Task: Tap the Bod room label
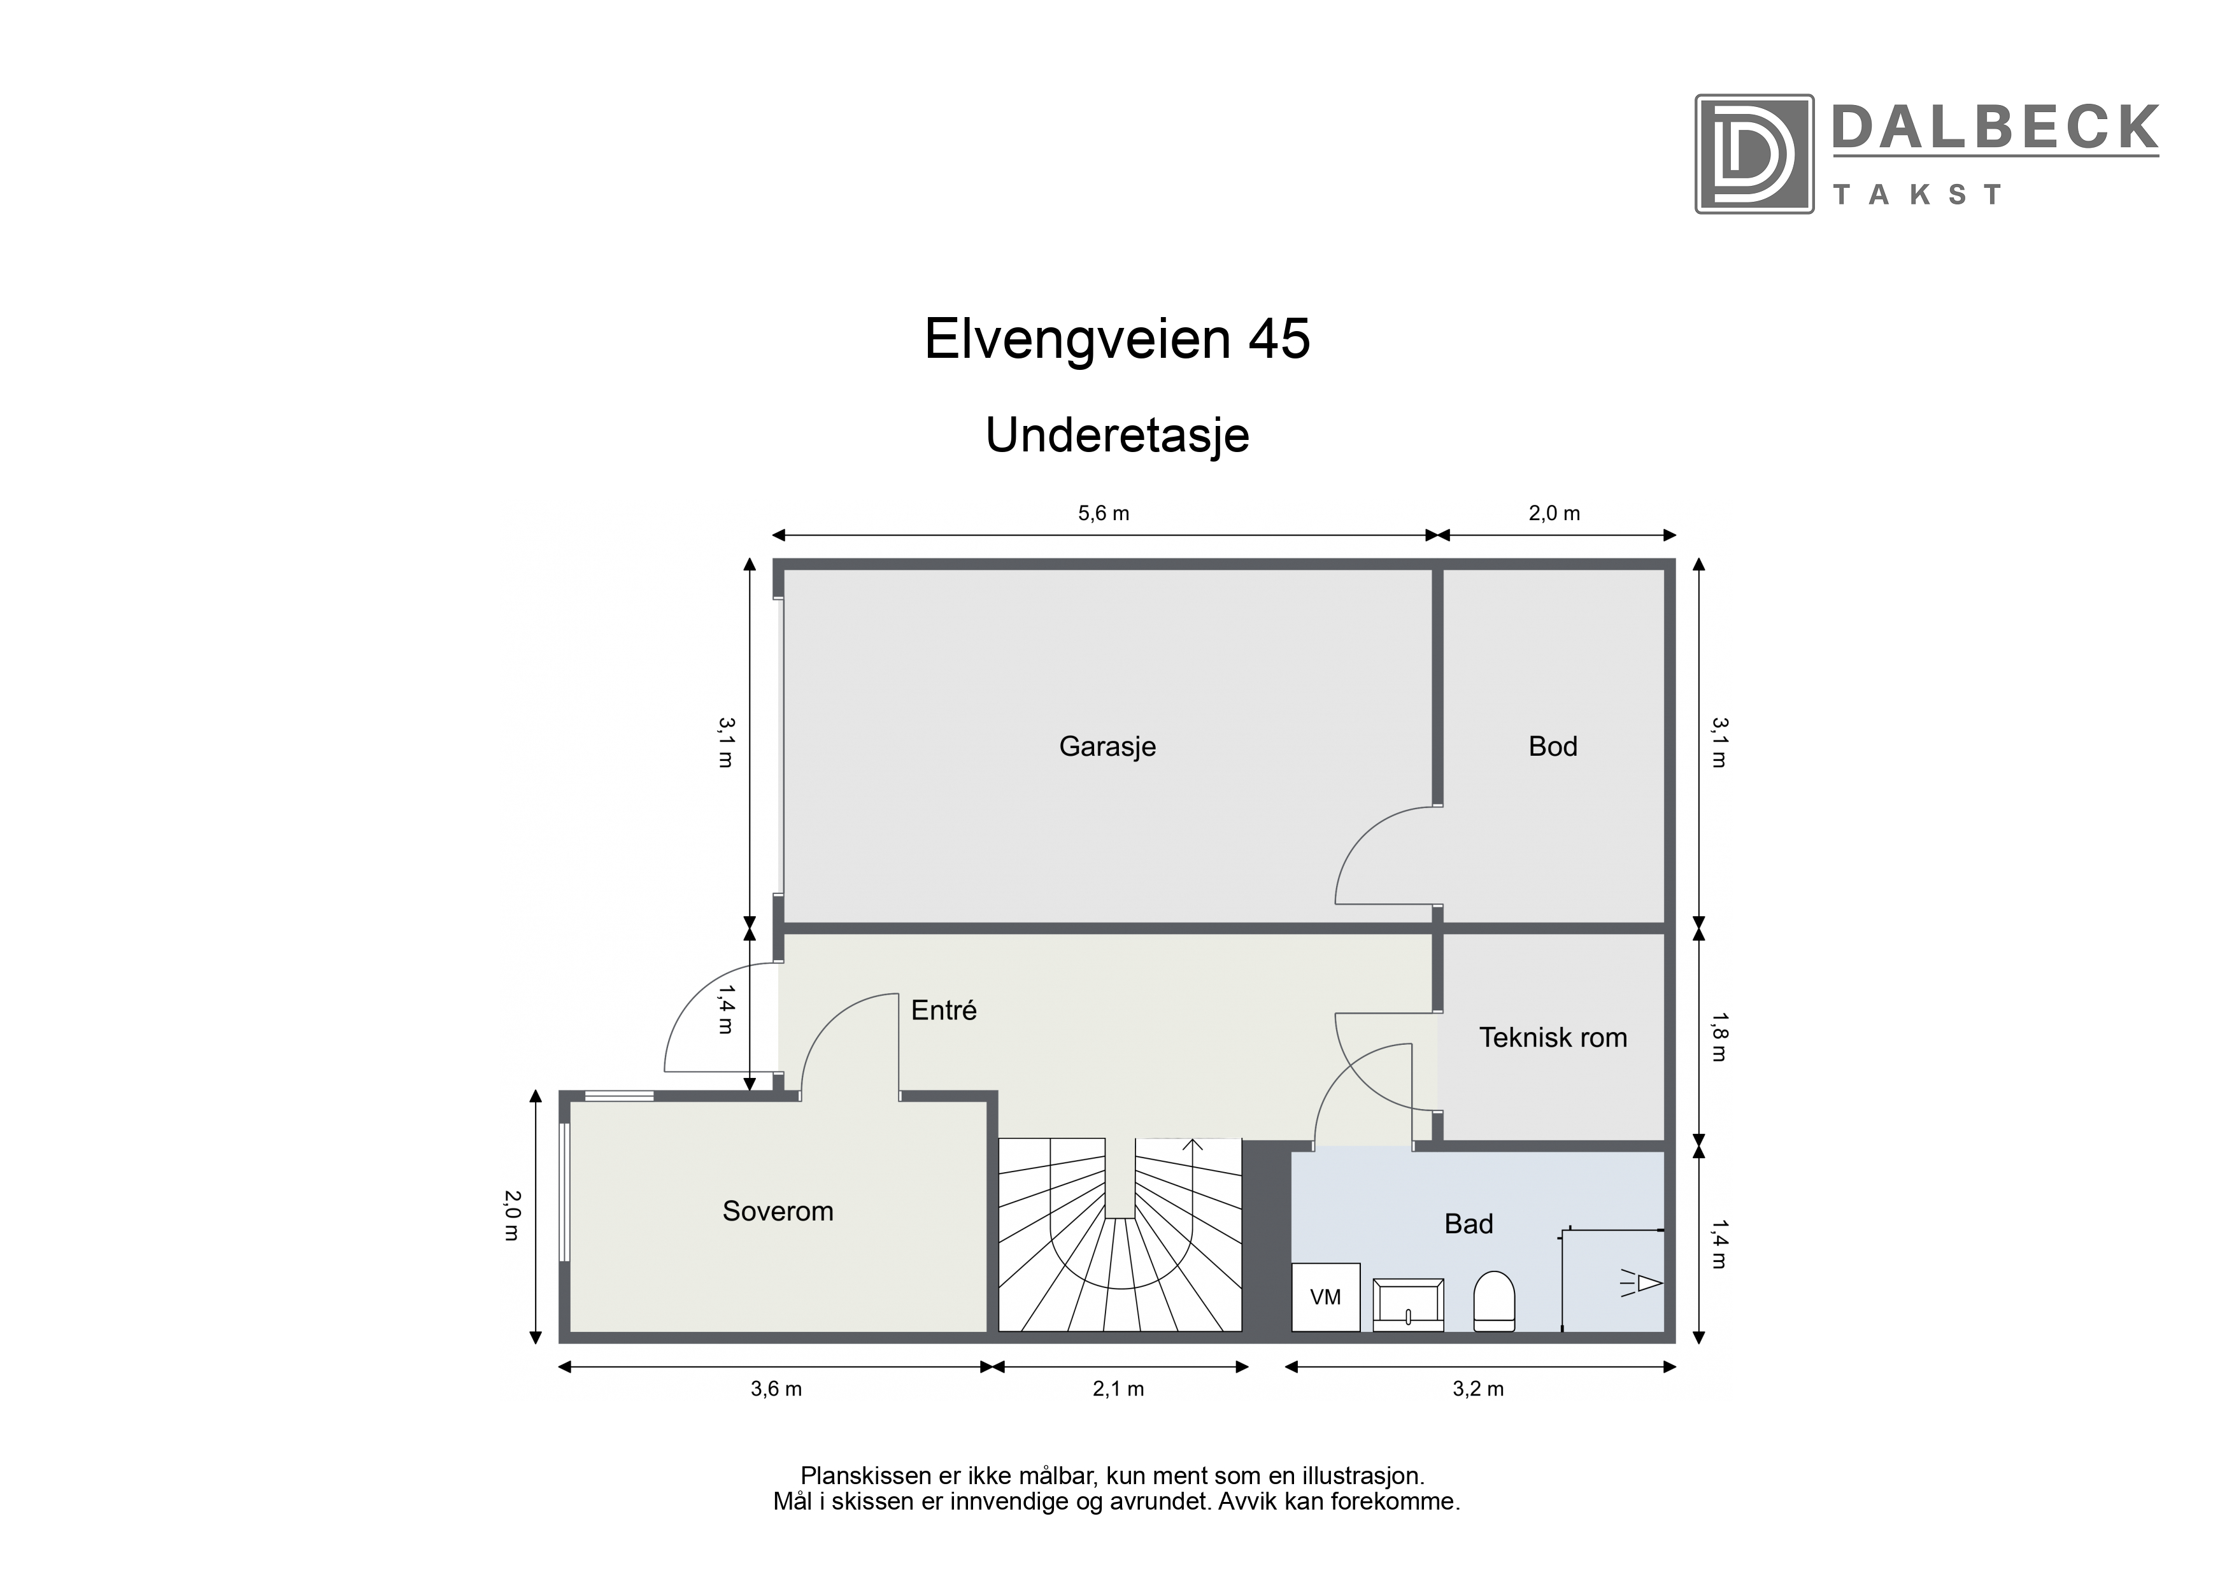[1553, 746]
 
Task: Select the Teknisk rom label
[1553, 1037]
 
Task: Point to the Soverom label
[778, 1211]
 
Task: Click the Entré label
[944, 1010]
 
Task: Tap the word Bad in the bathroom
[1469, 1224]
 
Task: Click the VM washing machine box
[1325, 1297]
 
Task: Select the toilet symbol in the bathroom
[1495, 1302]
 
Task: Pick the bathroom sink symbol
[1408, 1305]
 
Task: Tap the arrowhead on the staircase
[1193, 1144]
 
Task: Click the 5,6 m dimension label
[1104, 514]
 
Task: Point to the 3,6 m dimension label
[776, 1389]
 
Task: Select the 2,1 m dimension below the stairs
[1118, 1389]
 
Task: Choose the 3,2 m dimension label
[1478, 1389]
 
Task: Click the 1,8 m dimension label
[1718, 1037]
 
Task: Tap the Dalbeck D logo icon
[1754, 153]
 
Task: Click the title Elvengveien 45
[1117, 339]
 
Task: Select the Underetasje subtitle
[1117, 435]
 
